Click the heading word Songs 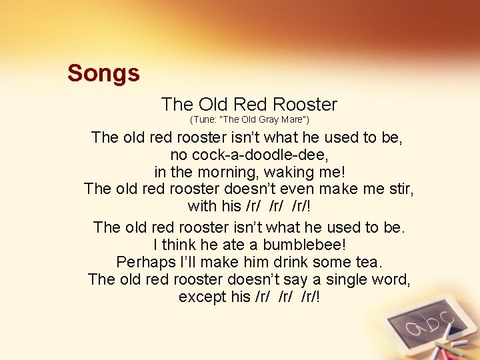pyautogui.click(x=103, y=73)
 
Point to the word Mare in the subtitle pyautogui.click(x=291, y=120)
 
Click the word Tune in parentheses pyautogui.click(x=204, y=120)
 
